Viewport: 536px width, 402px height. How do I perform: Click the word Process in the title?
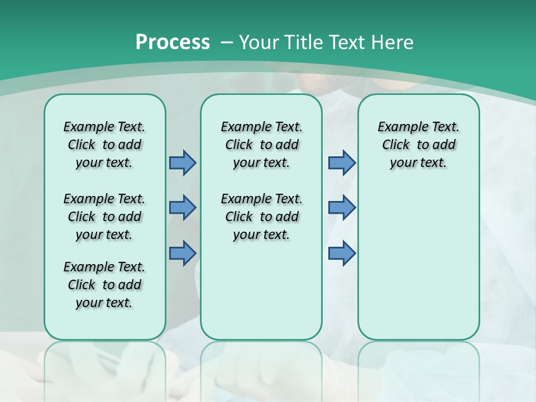(x=173, y=42)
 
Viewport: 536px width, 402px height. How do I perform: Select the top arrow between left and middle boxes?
(x=183, y=162)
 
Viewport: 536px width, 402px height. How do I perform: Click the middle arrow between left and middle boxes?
(x=183, y=208)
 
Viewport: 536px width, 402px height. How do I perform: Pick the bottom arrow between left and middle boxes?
(x=183, y=253)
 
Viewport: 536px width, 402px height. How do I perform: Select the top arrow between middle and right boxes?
(x=342, y=162)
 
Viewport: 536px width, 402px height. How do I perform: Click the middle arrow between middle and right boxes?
(x=342, y=208)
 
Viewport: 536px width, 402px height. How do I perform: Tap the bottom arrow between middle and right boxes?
(x=342, y=253)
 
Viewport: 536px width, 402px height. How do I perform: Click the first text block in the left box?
(x=104, y=145)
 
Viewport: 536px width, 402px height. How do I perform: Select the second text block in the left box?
(x=104, y=217)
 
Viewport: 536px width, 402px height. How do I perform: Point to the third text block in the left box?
(x=104, y=285)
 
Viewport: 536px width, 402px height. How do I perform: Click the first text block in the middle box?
(x=261, y=145)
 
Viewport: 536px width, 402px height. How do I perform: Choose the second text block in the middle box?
(x=261, y=217)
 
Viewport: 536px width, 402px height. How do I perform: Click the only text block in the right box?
(x=418, y=145)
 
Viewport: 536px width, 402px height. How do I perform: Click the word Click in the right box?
(x=396, y=145)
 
